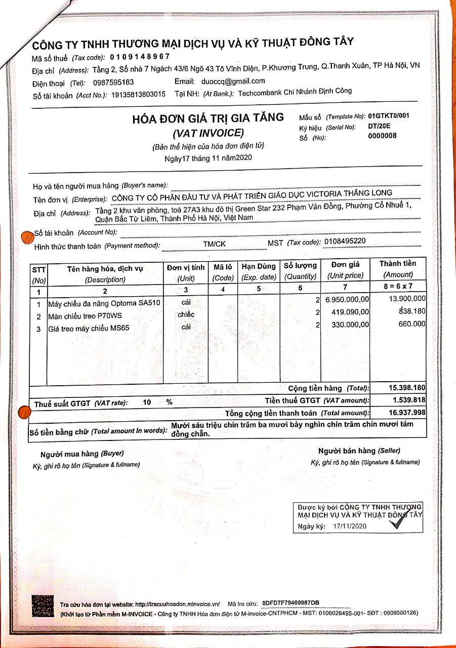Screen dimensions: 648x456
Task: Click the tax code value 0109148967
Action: (x=140, y=57)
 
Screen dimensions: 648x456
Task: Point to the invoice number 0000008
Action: (x=383, y=136)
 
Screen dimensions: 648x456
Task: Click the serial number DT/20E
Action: (x=379, y=127)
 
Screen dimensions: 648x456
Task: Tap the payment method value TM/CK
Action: (x=214, y=244)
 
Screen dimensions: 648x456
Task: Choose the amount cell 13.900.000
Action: (x=407, y=299)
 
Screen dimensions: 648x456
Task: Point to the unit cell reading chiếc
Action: (x=186, y=314)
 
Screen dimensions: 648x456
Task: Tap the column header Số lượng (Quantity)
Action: (x=300, y=271)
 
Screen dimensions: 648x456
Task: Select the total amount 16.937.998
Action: (x=407, y=413)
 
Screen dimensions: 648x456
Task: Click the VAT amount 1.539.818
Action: (x=409, y=400)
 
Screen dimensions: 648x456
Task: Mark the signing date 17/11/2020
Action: (x=349, y=526)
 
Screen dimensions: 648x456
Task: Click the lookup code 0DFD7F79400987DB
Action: (x=291, y=603)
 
